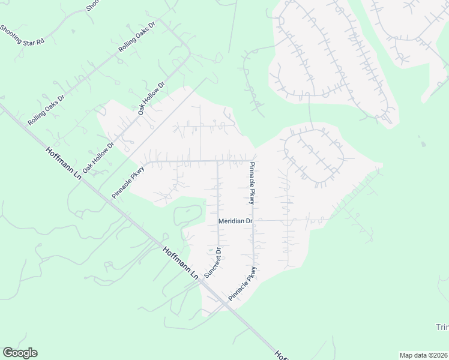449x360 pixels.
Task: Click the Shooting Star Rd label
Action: coord(22,35)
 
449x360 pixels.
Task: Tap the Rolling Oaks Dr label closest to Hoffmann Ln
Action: coord(46,110)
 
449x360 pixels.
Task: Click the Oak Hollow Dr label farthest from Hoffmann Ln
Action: coord(151,99)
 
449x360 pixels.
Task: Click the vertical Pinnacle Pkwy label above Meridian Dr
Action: coord(253,184)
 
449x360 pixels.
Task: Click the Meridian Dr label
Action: coord(236,221)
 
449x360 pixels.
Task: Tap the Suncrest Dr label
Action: coord(212,262)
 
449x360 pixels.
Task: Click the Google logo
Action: coord(20,353)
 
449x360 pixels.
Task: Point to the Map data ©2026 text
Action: coord(424,355)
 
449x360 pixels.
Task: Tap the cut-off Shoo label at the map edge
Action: coord(92,5)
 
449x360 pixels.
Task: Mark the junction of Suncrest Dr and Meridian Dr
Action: coord(217,221)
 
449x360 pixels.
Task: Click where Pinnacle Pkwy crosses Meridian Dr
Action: coord(253,221)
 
